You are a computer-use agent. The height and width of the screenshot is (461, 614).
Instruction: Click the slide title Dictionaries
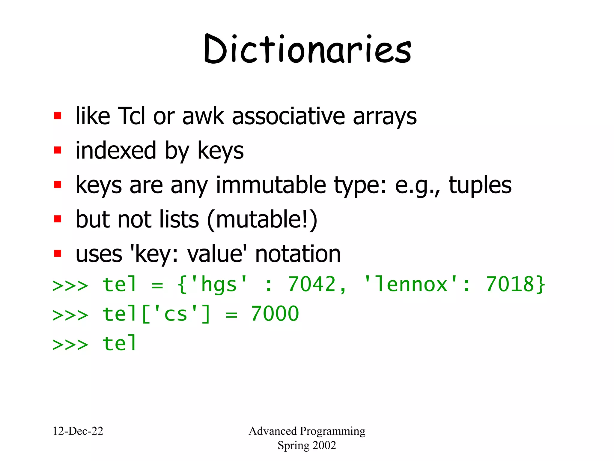coord(307,50)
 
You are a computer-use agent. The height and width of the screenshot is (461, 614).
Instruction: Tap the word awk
coord(203,116)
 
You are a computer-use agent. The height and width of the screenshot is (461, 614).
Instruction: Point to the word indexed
coord(116,150)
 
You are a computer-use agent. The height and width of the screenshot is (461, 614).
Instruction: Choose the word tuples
coord(480,185)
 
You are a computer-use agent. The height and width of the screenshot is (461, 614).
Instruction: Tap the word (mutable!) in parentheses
coord(262,219)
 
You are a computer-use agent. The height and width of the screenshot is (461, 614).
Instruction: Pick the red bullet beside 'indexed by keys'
coord(58,150)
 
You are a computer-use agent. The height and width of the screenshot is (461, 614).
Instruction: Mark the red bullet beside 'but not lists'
coord(58,219)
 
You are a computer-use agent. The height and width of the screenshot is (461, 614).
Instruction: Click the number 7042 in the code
coord(312,284)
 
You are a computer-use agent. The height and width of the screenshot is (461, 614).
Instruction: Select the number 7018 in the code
coord(510,284)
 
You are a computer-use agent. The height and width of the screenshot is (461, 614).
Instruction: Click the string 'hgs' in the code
coord(219,284)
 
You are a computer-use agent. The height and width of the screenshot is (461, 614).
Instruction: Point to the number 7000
coord(275,314)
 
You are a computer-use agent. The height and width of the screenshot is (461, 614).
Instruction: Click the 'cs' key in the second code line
coord(176,314)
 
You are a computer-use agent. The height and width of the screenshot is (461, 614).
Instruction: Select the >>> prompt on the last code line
coord(70,344)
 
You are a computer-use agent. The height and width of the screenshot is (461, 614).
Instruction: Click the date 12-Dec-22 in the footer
coord(78,431)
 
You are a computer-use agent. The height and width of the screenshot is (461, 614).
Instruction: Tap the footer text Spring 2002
coord(307,445)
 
